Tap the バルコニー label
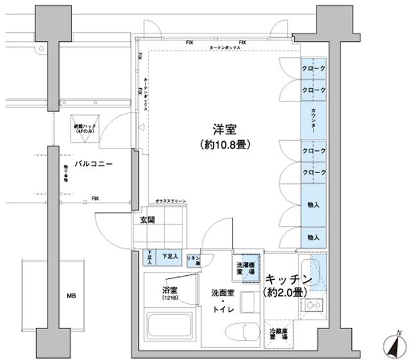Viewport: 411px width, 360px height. coord(94,165)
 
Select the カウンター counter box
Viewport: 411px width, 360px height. coord(313,120)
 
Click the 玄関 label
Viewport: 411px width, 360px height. coord(147,220)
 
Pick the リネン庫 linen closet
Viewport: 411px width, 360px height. coord(193,260)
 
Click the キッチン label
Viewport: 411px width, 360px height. coord(288,281)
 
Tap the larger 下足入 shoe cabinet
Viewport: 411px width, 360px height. coord(170,256)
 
